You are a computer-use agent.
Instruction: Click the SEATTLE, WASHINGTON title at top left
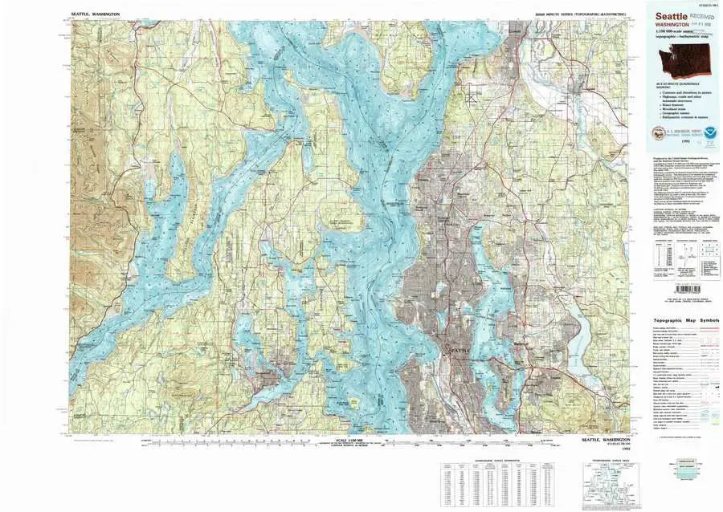click(x=95, y=14)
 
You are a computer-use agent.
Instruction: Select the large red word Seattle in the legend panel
click(x=672, y=16)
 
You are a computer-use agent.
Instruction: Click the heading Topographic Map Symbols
click(x=685, y=320)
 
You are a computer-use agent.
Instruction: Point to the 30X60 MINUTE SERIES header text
click(x=575, y=14)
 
